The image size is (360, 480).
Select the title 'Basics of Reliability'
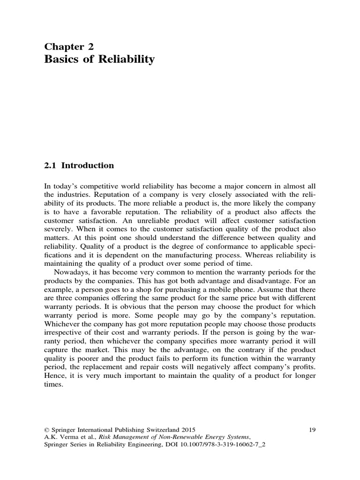99,60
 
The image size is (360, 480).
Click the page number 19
314,429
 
